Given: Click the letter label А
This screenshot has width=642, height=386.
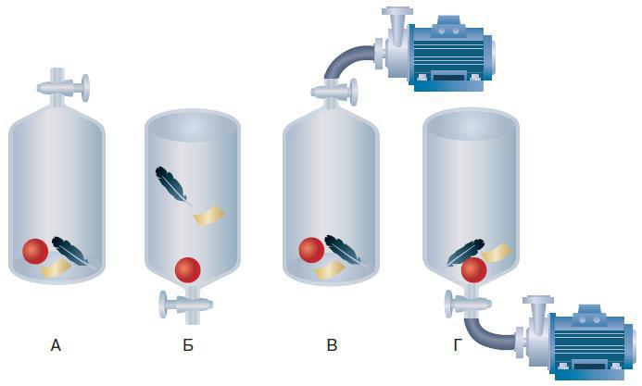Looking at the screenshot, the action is click(56, 345).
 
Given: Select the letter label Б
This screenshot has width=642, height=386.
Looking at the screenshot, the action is click(188, 345).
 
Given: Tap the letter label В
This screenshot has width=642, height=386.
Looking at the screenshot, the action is click(332, 345).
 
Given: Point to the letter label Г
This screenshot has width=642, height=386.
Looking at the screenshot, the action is click(458, 345).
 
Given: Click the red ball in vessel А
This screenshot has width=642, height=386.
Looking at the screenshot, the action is click(35, 252).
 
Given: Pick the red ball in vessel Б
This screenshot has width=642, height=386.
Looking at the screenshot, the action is click(187, 270).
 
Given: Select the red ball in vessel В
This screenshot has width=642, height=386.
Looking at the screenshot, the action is click(311, 250).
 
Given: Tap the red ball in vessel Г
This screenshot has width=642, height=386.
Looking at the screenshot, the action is click(473, 270).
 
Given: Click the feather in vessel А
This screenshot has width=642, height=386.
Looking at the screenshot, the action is click(70, 252).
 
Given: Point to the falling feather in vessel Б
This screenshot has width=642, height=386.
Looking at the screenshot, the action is click(172, 185).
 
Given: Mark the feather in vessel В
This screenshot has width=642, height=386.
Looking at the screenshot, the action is click(343, 250).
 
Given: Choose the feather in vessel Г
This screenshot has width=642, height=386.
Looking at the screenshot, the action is click(464, 252).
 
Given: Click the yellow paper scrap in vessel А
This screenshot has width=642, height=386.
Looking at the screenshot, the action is click(57, 269).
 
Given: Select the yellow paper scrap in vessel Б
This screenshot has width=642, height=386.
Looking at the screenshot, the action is click(208, 216).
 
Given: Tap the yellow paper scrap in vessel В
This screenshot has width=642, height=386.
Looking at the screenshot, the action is click(328, 269).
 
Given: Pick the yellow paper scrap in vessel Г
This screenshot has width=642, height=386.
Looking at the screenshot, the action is click(497, 253).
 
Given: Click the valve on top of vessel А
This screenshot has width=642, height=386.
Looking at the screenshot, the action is click(63, 88).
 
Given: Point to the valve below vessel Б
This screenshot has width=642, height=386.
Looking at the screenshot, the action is click(186, 305).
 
